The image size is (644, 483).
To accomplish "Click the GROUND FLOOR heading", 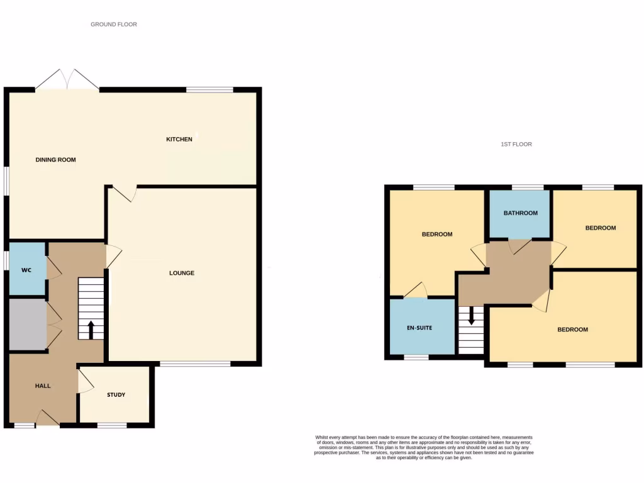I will [114, 25].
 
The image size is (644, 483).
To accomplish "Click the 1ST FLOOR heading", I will [516, 145].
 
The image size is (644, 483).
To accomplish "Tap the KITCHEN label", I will [179, 139].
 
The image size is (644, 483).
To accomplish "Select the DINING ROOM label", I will [55, 160].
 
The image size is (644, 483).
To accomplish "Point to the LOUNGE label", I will [182, 273].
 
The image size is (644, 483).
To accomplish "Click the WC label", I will [26, 270].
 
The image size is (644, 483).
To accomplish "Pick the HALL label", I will [42, 386].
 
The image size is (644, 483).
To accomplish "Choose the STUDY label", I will [116, 395].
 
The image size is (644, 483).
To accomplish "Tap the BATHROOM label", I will [520, 213].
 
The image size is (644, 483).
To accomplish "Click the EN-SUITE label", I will [419, 328].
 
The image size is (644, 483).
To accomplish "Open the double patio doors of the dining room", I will [67, 80].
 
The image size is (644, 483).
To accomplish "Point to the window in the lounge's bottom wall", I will [194, 364].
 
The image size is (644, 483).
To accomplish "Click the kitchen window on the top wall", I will [210, 90].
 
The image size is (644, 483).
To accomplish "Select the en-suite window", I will [416, 357].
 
